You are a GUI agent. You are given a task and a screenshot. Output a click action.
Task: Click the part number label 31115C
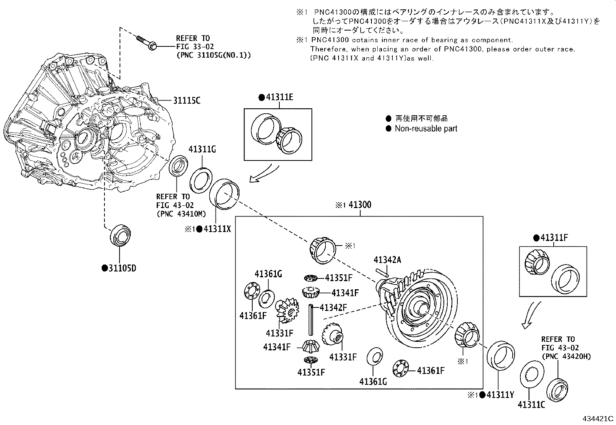[x=187, y=101]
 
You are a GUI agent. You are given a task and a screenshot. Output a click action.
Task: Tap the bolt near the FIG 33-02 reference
[x=147, y=43]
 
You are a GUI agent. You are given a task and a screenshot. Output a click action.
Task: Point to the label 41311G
[x=202, y=149]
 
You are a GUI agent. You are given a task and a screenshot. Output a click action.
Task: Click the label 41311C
[x=531, y=405]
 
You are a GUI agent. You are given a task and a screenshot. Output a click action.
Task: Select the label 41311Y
[x=500, y=395]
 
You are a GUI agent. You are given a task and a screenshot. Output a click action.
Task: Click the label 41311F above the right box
[x=554, y=238]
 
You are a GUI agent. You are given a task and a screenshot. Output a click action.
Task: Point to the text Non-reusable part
[x=426, y=129]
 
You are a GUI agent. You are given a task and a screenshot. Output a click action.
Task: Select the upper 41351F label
[x=339, y=278]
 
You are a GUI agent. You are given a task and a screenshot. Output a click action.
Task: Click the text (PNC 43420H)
[x=566, y=357]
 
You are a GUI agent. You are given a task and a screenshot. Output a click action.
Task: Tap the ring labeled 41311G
[x=201, y=180]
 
